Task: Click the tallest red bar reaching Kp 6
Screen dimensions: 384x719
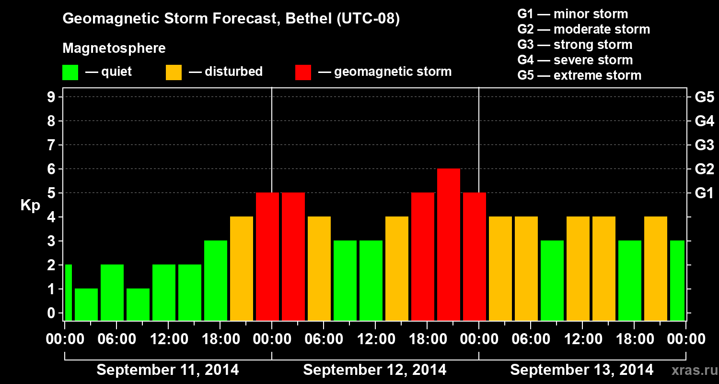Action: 449,244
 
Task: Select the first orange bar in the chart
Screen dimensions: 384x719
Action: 242,268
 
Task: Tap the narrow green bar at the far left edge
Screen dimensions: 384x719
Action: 68,292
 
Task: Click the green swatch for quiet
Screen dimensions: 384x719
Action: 70,72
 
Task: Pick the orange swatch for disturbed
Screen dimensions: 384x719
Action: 174,72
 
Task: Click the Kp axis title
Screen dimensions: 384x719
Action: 30,205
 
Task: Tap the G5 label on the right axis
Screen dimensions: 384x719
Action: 704,97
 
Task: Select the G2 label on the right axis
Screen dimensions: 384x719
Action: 704,169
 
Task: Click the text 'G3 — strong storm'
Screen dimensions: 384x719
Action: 575,45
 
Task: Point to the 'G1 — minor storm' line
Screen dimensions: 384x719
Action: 572,14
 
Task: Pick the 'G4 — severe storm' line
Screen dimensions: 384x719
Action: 575,60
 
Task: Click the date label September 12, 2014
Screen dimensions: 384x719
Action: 374,370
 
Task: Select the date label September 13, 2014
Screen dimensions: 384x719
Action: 581,370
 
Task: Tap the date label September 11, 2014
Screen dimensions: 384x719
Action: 168,370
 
